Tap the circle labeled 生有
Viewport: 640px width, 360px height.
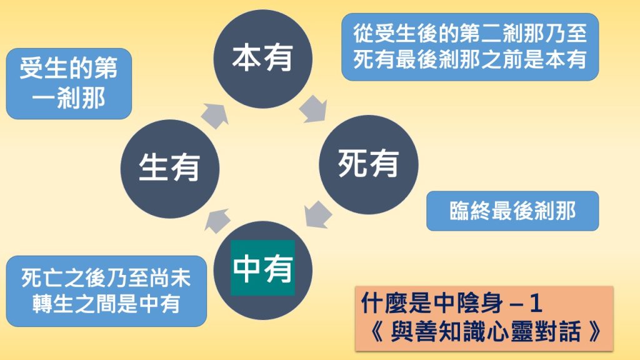point(169,167)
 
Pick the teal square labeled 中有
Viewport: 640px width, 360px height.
point(263,268)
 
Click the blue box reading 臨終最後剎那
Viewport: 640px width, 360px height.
point(512,211)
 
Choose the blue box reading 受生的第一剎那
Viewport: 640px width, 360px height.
point(69,84)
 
